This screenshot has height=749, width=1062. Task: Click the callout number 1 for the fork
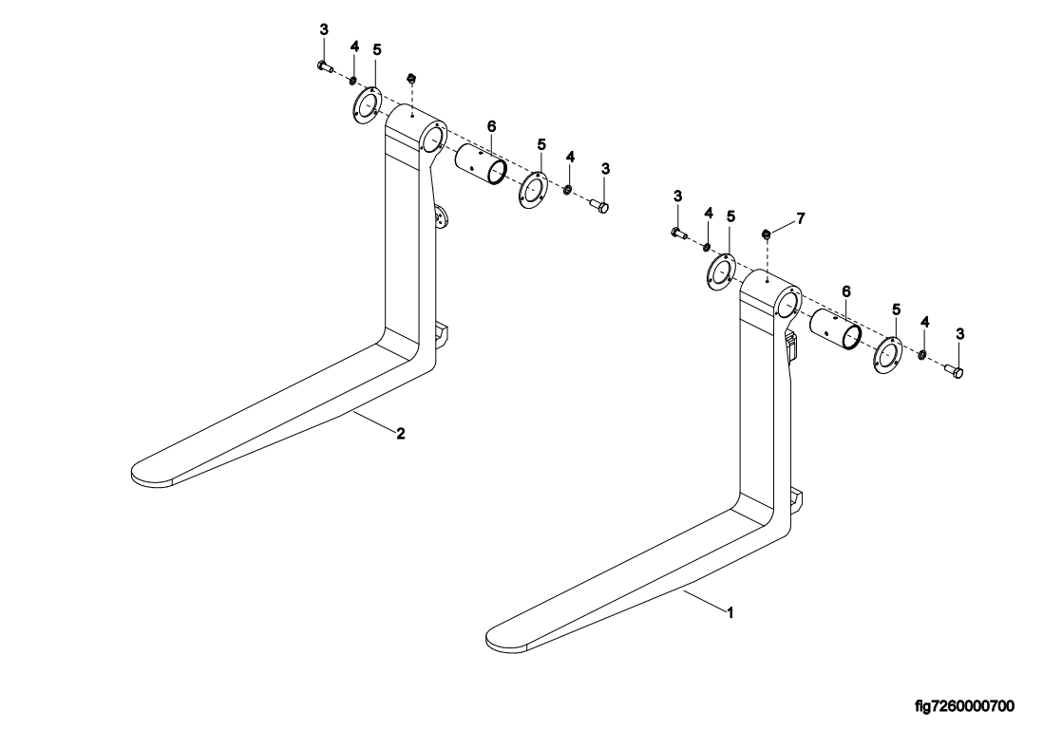730,613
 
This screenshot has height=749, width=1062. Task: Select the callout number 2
401,434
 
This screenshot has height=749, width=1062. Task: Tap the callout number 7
801,218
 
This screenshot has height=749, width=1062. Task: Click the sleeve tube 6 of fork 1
836,332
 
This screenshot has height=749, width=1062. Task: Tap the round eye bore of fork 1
787,304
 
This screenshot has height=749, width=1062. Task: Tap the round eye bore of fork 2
432,141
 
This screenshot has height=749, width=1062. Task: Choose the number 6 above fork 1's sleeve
845,290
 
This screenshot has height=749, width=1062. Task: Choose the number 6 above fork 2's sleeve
491,125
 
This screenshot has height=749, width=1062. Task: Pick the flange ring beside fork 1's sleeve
886,355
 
